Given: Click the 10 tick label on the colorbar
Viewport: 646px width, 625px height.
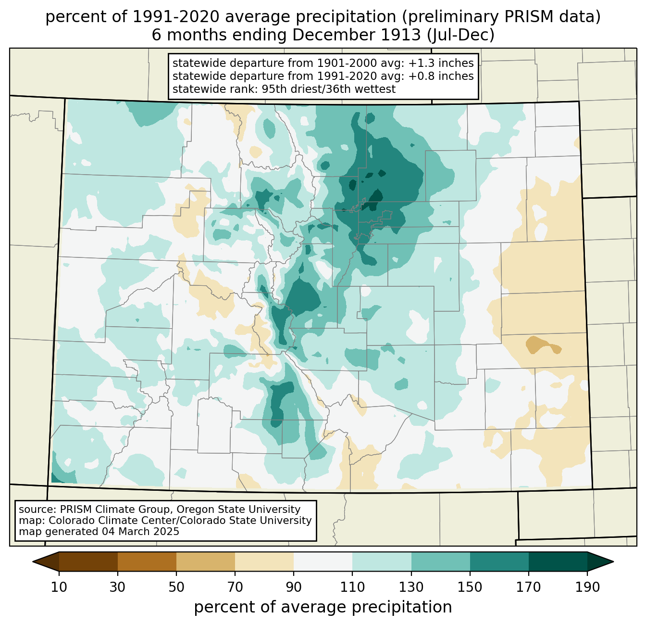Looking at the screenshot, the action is click(x=59, y=587).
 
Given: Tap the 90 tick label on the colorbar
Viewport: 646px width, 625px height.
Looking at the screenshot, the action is click(x=294, y=587).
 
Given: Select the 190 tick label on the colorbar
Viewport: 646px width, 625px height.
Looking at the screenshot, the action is click(x=587, y=587).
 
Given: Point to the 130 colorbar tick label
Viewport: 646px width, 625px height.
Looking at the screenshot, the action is click(x=411, y=587).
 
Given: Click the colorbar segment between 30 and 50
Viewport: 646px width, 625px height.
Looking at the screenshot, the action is click(x=147, y=561).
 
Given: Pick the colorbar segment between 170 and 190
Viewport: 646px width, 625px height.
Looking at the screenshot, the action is click(x=558, y=561).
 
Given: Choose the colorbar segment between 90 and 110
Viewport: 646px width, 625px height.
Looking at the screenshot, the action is click(x=323, y=561).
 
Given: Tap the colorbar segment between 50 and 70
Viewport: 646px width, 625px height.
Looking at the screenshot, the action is click(x=206, y=561).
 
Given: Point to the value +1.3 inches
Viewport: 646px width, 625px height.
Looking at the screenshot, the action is click(x=441, y=63).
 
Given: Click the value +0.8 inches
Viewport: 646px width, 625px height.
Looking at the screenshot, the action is click(x=441, y=76).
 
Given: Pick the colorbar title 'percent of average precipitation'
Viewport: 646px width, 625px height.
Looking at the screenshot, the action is click(x=323, y=607).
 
